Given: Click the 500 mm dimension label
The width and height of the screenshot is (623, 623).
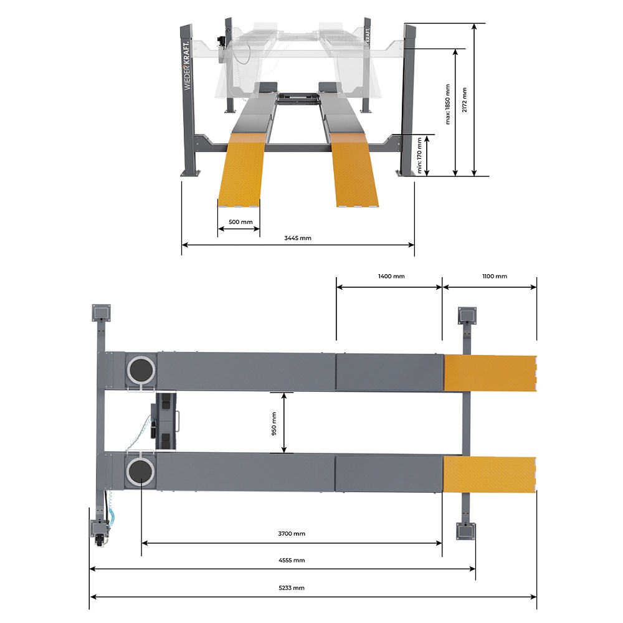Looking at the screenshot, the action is (240, 222).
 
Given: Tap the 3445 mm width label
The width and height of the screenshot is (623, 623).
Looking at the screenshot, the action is (298, 238).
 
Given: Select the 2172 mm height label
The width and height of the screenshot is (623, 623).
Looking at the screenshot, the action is (465, 100).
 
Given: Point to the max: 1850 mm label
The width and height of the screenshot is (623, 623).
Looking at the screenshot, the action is (448, 104).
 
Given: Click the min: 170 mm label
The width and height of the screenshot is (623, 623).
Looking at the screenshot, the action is (419, 155).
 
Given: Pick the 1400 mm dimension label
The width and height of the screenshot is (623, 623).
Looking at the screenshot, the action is (391, 276).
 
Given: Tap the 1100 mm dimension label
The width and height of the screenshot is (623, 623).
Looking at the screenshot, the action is (495, 276).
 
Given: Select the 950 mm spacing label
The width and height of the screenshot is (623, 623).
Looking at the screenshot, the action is (273, 424).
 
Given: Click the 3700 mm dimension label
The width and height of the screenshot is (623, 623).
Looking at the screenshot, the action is (292, 534).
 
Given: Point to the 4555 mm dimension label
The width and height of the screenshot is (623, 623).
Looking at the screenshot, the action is (292, 560).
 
